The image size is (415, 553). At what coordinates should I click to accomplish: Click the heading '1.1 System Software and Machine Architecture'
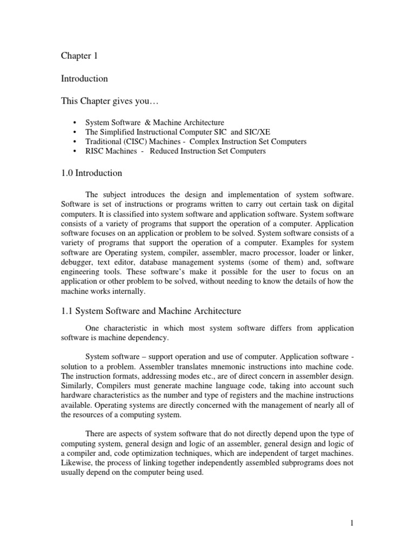click(x=151, y=311)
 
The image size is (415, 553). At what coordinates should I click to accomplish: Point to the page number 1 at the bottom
click(x=351, y=523)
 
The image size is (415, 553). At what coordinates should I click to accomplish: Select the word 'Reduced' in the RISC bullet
click(x=163, y=151)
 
